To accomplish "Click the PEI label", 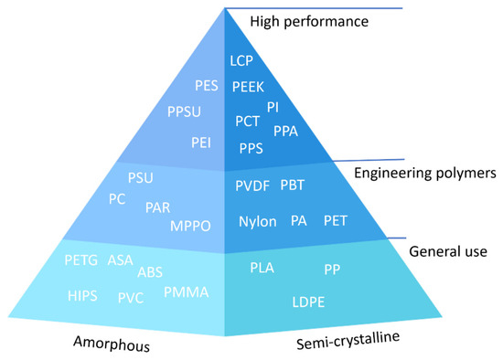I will click(x=202, y=142).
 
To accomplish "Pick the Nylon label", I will click(x=258, y=221).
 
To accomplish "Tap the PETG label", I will click(x=82, y=261).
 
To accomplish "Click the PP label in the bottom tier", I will click(x=332, y=269).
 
